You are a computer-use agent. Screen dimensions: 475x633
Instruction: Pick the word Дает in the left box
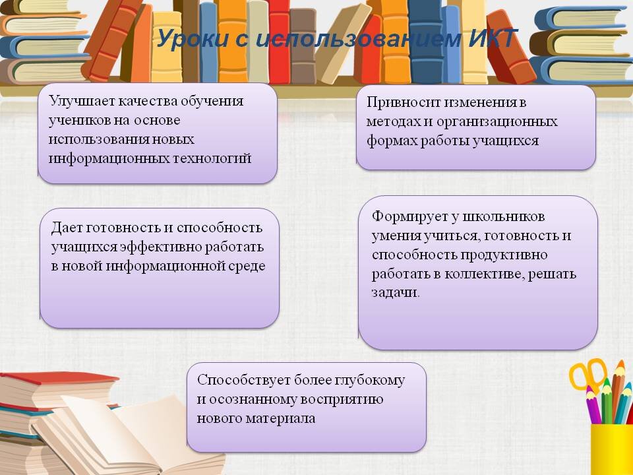coord(69,228)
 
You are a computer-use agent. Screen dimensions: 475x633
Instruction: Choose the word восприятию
coord(342,399)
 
